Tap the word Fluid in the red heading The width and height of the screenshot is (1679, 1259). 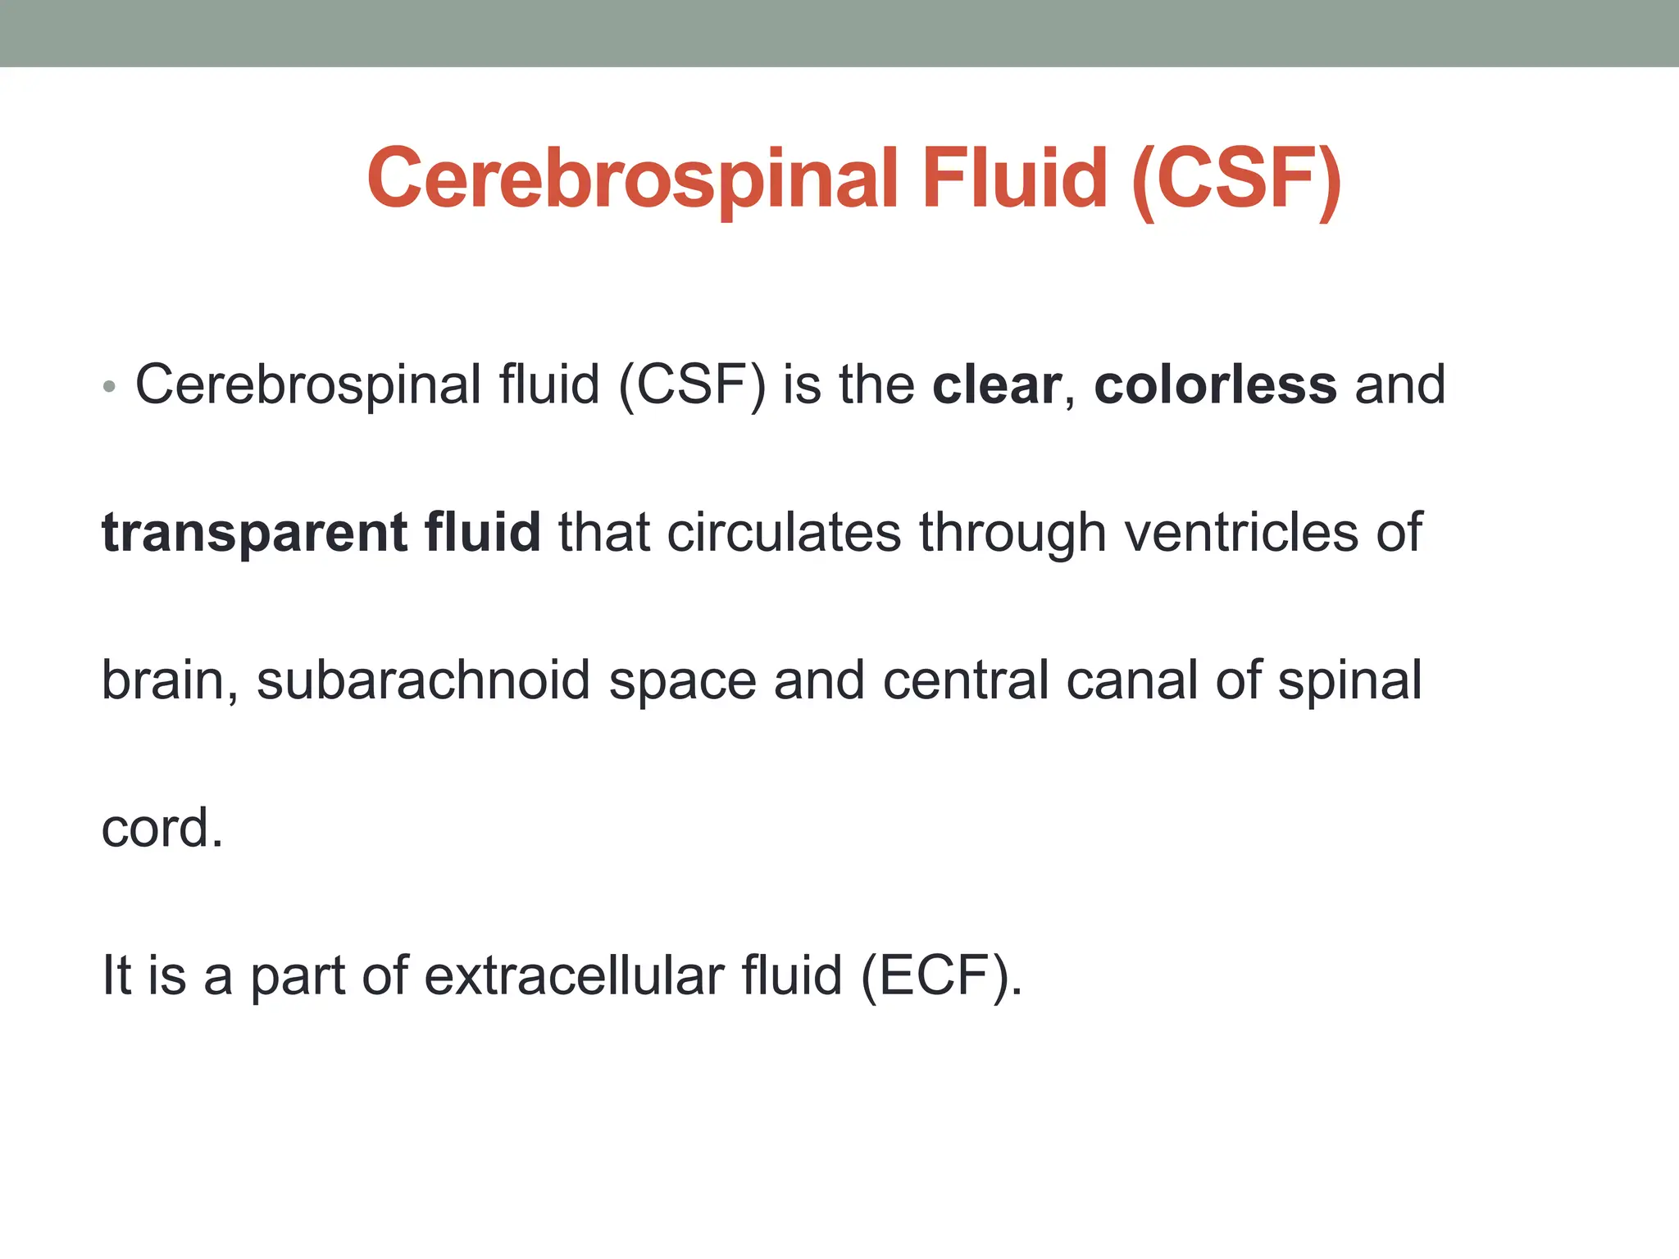click(1015, 179)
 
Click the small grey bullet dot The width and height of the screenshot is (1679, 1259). click(110, 386)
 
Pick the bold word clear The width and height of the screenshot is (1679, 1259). click(997, 384)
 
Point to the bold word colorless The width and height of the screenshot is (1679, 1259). click(1215, 384)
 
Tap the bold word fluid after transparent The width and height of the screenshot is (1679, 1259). click(482, 532)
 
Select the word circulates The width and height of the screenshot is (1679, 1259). click(784, 534)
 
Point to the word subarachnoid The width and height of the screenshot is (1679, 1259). click(423, 680)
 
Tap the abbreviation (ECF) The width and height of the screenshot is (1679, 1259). click(941, 975)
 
